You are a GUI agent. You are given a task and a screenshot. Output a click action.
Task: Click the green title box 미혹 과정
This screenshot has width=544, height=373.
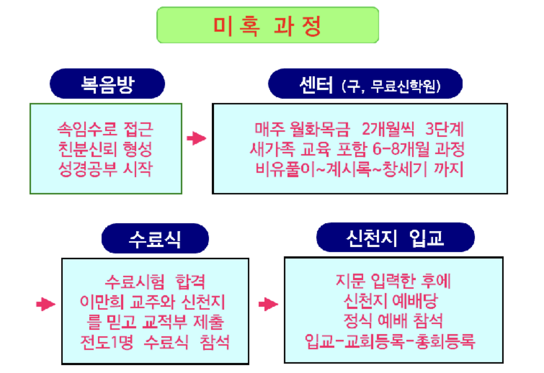click(x=267, y=25)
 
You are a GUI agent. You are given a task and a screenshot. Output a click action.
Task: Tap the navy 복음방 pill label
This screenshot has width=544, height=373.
click(x=107, y=83)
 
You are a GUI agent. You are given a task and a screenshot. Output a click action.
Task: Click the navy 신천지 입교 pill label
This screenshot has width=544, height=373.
click(x=395, y=237)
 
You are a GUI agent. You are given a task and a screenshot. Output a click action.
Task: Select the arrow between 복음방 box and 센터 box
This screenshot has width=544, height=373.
click(x=196, y=138)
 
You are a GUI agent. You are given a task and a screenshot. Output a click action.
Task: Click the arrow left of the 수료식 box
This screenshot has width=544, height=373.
click(x=45, y=304)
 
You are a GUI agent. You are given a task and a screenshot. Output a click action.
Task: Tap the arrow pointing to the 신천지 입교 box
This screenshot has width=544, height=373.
click(x=268, y=304)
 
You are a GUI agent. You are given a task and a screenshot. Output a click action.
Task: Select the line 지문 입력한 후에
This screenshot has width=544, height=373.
click(x=393, y=281)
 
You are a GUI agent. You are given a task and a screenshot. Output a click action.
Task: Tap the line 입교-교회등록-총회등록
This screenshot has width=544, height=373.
click(x=390, y=342)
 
